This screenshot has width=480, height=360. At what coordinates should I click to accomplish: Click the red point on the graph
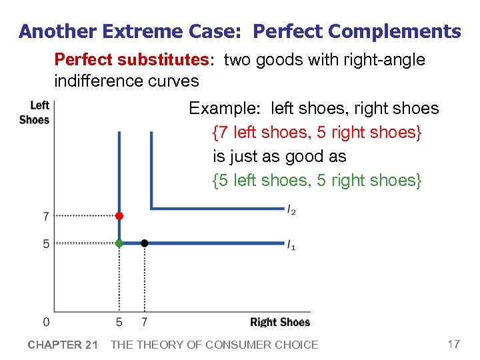click(x=119, y=216)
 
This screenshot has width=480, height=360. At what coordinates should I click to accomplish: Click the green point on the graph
click(x=119, y=243)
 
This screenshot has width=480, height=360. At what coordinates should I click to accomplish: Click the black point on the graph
click(x=145, y=243)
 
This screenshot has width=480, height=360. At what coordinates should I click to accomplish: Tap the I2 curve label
click(x=292, y=211)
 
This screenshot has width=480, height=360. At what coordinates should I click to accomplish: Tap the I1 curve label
click(x=292, y=246)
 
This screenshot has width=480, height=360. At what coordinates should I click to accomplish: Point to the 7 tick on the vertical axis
click(x=46, y=216)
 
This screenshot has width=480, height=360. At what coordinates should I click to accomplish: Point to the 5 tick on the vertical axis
click(x=46, y=244)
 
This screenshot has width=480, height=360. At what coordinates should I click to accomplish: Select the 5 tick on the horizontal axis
click(x=119, y=323)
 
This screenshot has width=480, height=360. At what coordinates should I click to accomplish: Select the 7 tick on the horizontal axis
click(x=145, y=323)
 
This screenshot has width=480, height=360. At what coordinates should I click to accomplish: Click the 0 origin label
click(x=46, y=323)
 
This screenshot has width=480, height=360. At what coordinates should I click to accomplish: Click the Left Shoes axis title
click(x=35, y=112)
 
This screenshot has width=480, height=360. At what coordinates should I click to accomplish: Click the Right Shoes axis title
click(x=280, y=323)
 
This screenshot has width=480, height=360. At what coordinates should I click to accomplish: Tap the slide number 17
click(x=453, y=344)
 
